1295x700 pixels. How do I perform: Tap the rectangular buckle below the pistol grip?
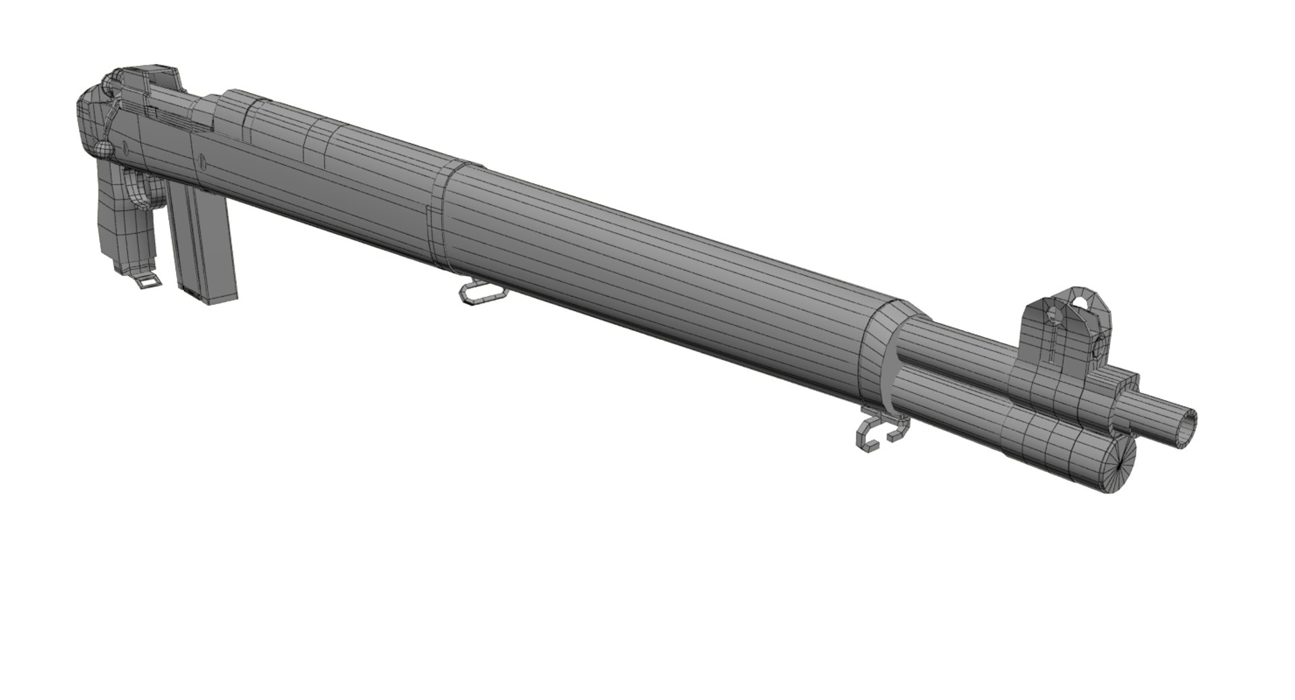point(149,281)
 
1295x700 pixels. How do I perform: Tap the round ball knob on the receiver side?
point(103,149)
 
